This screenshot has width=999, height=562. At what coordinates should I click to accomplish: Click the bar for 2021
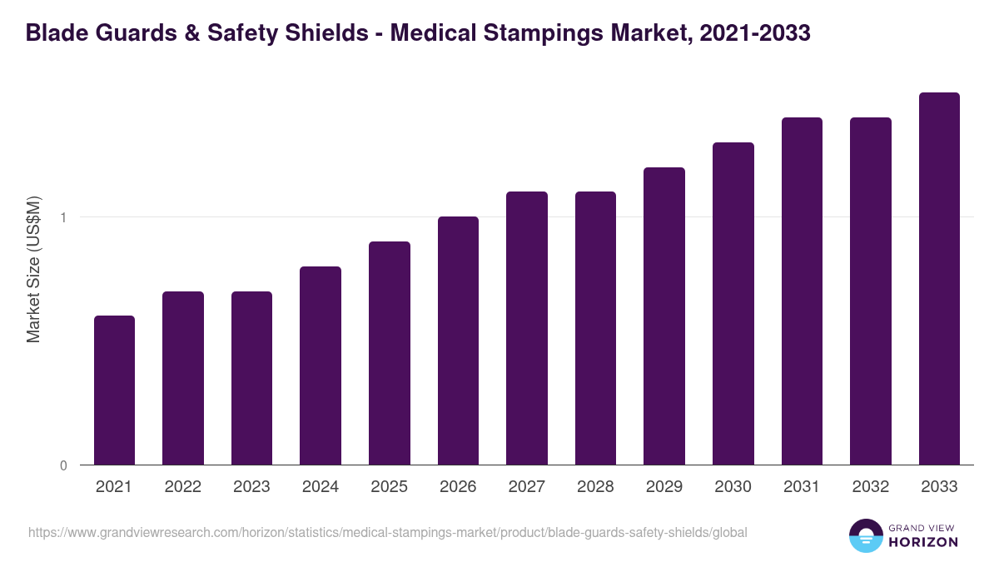114,390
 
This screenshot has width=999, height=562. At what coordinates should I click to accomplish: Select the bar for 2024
321,366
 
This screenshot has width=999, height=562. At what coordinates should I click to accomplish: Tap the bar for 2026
458,341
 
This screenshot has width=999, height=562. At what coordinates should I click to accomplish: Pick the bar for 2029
664,316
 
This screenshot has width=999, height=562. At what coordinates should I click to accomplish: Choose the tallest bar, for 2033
939,279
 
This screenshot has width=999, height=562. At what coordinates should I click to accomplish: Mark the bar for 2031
802,291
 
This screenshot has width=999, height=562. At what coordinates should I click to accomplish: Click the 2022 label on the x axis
182,487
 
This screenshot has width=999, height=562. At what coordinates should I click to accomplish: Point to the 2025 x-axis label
389,487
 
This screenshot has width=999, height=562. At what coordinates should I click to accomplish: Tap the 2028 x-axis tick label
595,487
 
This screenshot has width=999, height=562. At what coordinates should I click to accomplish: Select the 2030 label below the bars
733,487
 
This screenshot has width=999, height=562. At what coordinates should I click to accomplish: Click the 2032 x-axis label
871,487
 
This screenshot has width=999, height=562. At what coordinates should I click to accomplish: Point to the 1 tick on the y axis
63,217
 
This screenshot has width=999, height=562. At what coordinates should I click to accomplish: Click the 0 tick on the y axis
63,465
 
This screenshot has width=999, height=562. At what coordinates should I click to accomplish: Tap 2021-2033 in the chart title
754,33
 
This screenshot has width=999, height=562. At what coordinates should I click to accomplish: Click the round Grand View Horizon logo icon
866,535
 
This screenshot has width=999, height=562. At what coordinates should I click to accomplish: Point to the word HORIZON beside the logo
923,542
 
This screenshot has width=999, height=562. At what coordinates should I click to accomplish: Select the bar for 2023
251,378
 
